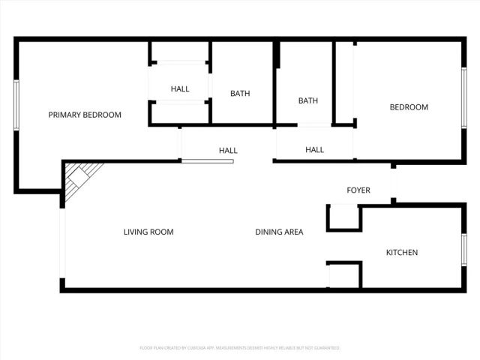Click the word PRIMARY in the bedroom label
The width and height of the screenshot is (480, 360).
tap(64, 115)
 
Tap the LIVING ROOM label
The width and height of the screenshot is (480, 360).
tap(148, 232)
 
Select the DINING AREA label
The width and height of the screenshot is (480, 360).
tap(279, 232)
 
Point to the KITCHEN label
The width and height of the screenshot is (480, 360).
tap(402, 253)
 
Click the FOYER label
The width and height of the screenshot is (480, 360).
tap(358, 190)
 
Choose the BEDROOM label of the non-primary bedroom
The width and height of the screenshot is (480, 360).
tap(409, 107)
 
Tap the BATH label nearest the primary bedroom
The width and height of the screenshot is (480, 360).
tap(240, 94)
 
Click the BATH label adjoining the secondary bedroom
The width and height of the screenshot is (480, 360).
tap(308, 100)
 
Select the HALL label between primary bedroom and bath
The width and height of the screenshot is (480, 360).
tap(180, 89)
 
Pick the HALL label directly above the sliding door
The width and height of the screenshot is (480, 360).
tap(228, 151)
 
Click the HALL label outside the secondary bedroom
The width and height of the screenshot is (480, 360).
tap(315, 150)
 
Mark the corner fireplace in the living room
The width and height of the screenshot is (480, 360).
tap(79, 181)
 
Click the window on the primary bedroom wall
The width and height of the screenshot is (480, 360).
tap(16, 105)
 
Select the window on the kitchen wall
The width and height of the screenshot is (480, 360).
tap(464, 250)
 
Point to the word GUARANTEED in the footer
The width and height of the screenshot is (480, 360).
tap(325, 348)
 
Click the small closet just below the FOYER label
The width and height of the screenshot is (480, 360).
tap(344, 217)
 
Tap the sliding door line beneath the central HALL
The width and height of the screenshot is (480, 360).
tap(208, 161)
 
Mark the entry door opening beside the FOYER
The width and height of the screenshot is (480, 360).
tap(394, 181)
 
